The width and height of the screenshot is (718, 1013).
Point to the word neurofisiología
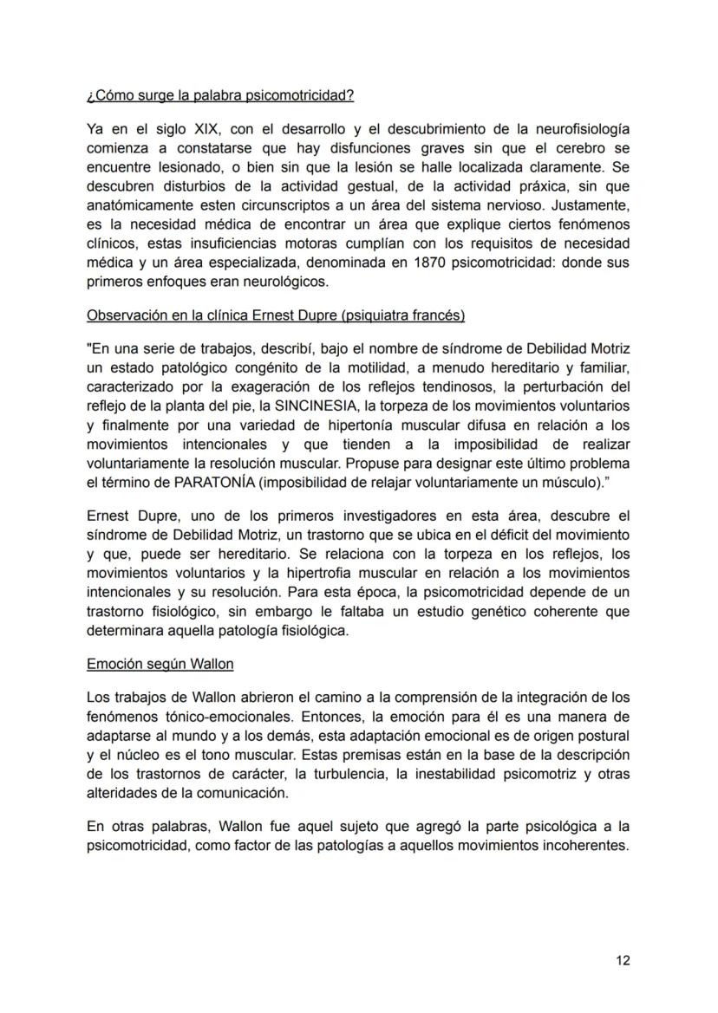pos(581,129)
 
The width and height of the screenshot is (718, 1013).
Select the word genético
pos(483,612)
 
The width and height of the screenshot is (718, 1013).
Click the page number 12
pos(622,960)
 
